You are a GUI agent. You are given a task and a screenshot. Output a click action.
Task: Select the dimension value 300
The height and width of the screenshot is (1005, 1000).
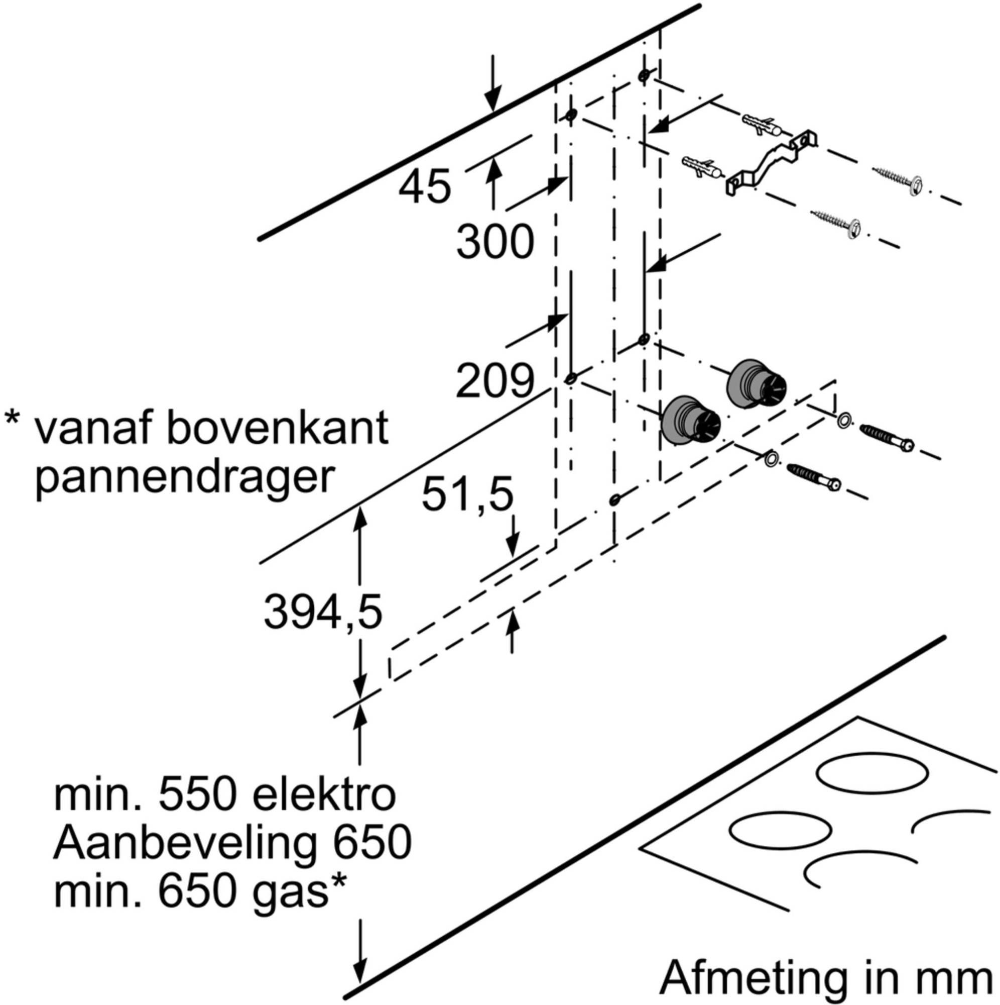pyautogui.click(x=495, y=242)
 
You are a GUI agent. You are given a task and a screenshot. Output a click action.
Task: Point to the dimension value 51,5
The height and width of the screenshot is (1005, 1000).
pyautogui.click(x=467, y=494)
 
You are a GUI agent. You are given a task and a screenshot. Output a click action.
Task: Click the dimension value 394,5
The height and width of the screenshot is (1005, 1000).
pyautogui.click(x=323, y=612)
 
